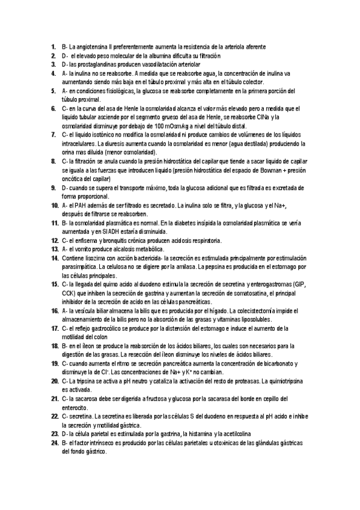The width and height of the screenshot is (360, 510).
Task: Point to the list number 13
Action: [x=53, y=249]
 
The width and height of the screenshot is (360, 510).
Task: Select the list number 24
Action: [x=53, y=443]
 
